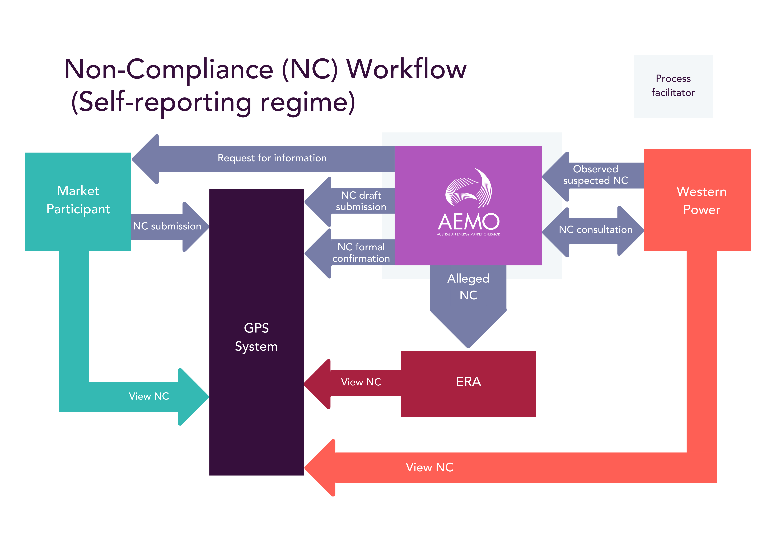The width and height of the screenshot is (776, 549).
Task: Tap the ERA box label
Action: (x=468, y=382)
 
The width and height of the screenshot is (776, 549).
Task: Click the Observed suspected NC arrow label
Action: (x=596, y=175)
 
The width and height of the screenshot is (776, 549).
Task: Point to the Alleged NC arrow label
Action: (x=468, y=287)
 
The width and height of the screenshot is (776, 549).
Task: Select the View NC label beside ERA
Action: (x=361, y=382)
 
